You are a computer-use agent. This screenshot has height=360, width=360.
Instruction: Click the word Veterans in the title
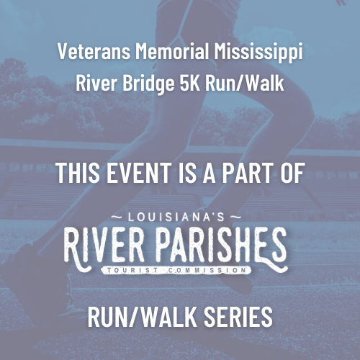pos(94,51)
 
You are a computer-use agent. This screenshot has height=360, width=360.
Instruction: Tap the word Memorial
pos(172,51)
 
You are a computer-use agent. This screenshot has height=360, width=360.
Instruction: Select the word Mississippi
pos(258,53)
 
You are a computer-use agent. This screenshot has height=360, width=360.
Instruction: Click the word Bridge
pos(148,84)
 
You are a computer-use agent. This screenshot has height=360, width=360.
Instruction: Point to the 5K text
pos(190,83)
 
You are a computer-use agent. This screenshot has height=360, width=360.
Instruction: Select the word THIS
pos(78,173)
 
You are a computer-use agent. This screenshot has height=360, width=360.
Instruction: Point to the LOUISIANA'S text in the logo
pos(176,217)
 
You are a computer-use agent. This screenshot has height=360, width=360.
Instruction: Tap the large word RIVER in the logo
pos(104,245)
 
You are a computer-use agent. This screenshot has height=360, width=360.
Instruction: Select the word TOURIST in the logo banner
pos(132,270)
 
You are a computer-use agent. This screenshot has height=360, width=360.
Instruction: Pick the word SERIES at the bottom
pos(238,317)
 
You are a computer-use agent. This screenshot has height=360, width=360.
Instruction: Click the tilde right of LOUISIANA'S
pos(235,217)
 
